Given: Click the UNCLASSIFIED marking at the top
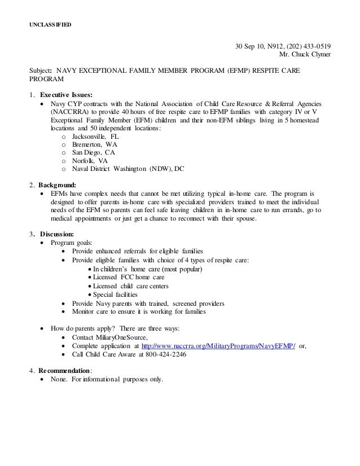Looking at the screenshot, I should (x=50, y=25).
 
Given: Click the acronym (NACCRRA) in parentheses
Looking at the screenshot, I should (x=62, y=112).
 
